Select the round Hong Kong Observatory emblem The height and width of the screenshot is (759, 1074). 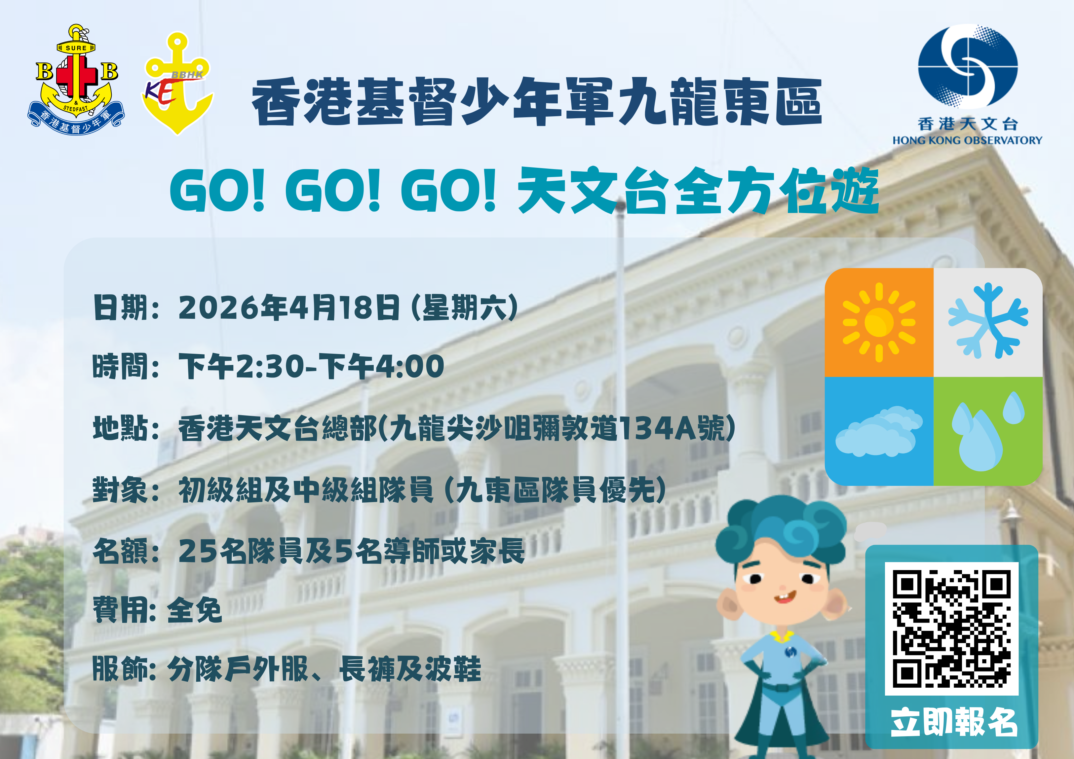(967, 67)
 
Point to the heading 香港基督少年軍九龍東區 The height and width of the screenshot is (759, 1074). (537, 102)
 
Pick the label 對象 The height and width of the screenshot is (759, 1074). (121, 489)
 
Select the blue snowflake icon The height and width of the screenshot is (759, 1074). (988, 321)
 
